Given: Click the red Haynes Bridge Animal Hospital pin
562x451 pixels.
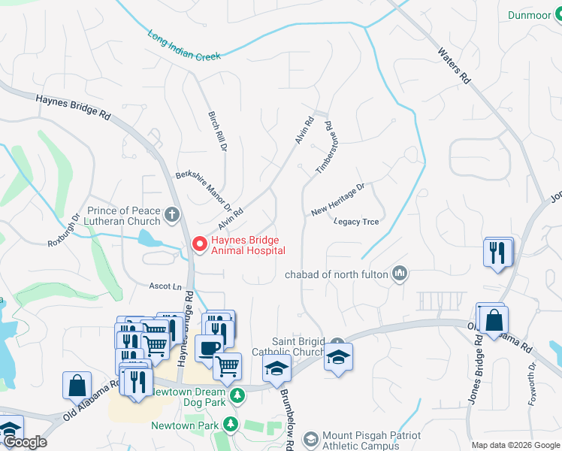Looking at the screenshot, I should coord(199,244).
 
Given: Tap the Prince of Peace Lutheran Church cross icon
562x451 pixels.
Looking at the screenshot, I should coord(172,216).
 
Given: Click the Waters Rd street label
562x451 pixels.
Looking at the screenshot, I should coord(455,66).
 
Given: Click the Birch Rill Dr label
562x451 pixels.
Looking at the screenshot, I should coord(217,132).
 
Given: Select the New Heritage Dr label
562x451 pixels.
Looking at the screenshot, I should coord(337,197).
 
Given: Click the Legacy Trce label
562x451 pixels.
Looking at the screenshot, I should coord(356,222).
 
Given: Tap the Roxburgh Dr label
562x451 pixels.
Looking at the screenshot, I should coord(63,232).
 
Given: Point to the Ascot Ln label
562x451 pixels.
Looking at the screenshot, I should coord(166,286).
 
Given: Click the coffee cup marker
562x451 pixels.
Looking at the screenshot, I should coord(209,348).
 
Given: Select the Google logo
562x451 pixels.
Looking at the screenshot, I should coord(24,442).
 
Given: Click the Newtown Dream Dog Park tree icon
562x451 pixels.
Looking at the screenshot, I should coord(237,395).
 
